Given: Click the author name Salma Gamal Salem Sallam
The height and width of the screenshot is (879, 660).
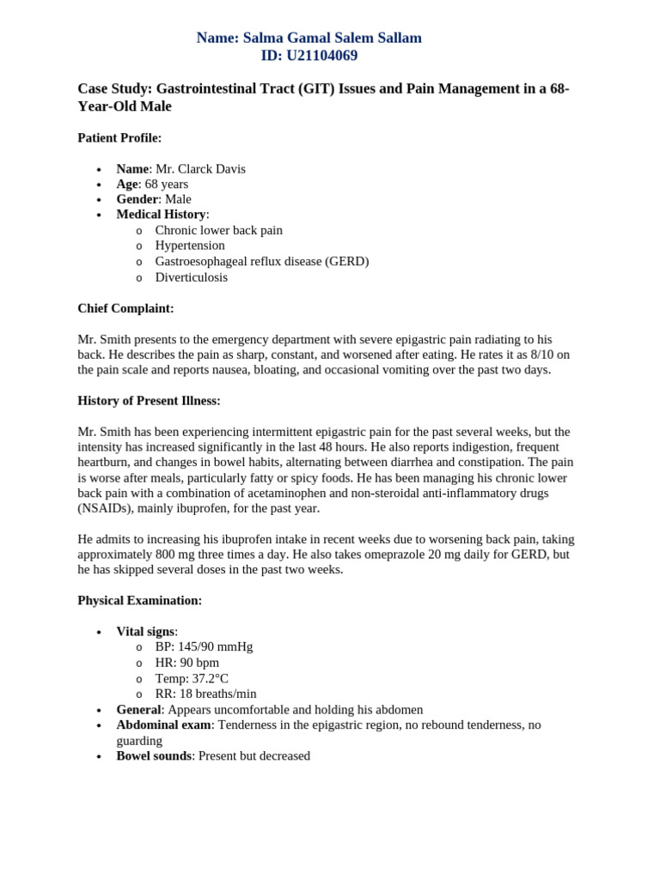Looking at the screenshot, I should [x=332, y=38].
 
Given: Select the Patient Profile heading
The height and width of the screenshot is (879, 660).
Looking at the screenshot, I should [x=119, y=137].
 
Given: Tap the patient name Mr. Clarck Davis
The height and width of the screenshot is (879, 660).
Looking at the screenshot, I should [x=200, y=169].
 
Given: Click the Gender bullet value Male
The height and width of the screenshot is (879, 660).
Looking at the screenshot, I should [x=178, y=199].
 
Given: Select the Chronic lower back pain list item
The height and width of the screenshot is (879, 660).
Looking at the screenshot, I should [x=218, y=230].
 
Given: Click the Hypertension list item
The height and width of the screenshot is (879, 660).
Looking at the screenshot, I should [x=190, y=246].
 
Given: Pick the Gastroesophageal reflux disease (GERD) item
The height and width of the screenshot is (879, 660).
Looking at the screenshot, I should [x=261, y=261].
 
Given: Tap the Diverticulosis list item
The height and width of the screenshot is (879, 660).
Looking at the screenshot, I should [x=191, y=277].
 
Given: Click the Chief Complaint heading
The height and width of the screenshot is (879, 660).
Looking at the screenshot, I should [x=125, y=308].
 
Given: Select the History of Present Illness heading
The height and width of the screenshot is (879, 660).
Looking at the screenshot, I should [x=149, y=401].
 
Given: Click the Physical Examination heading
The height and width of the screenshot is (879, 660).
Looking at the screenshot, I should [x=139, y=601].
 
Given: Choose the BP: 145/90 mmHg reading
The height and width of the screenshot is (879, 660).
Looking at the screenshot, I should [x=204, y=646].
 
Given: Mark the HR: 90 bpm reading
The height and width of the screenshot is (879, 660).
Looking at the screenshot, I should [x=186, y=663].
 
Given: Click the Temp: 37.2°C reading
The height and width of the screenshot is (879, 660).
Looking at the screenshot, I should [x=192, y=678].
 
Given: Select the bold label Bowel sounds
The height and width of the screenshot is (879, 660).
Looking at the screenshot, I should [x=154, y=756].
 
